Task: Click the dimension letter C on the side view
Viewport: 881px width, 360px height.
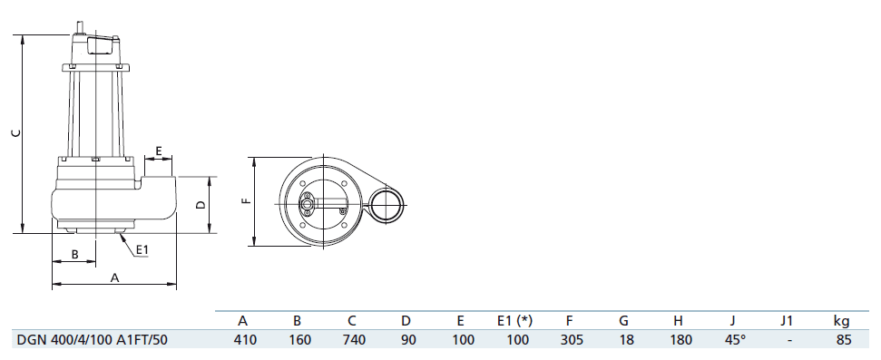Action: (17, 132)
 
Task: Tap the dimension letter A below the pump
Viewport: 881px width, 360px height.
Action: (114, 277)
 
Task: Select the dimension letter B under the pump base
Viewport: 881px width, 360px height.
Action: (74, 255)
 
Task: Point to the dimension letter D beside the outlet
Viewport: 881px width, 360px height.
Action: (201, 205)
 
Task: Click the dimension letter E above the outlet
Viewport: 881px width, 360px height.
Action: (159, 151)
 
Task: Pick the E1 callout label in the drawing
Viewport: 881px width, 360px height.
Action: (142, 248)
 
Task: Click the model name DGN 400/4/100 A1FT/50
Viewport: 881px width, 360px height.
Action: (93, 340)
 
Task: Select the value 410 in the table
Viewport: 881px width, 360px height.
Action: (244, 340)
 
